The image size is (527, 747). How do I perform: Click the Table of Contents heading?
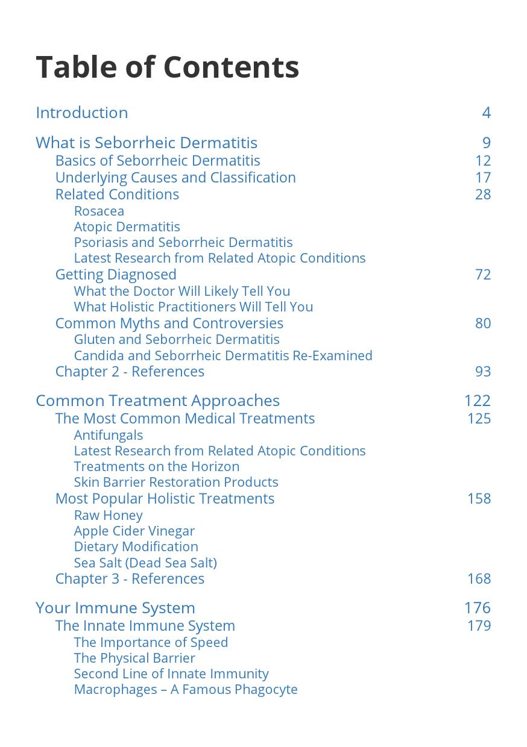pyautogui.click(x=168, y=67)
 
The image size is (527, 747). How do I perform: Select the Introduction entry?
pyautogui.click(x=82, y=113)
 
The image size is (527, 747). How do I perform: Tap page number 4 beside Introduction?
pyautogui.click(x=486, y=113)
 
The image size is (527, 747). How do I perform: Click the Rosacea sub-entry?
pyautogui.click(x=99, y=211)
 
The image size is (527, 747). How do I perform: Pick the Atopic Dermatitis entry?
pyautogui.click(x=127, y=227)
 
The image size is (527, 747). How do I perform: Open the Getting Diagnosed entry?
pyautogui.click(x=116, y=274)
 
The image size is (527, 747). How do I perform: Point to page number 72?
pyautogui.click(x=482, y=274)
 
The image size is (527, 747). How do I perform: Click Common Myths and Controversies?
pyautogui.click(x=169, y=323)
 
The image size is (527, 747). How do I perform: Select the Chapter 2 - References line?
pyautogui.click(x=130, y=371)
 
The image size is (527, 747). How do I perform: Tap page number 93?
pyautogui.click(x=482, y=371)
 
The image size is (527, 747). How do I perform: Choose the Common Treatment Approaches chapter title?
pyautogui.click(x=157, y=401)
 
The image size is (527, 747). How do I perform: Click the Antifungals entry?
pyautogui.click(x=109, y=435)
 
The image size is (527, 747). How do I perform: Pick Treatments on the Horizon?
pyautogui.click(x=156, y=466)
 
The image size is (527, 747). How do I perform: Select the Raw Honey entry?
pyautogui.click(x=108, y=515)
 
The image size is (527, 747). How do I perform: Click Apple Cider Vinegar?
pyautogui.click(x=134, y=531)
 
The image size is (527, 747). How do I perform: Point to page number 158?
pyautogui.click(x=479, y=498)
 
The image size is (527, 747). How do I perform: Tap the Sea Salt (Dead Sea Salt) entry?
pyautogui.click(x=145, y=563)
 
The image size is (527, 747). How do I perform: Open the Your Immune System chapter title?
pyautogui.click(x=115, y=608)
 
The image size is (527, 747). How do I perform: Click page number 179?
pyautogui.click(x=479, y=625)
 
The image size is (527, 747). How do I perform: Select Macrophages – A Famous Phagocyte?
pyautogui.click(x=186, y=689)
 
